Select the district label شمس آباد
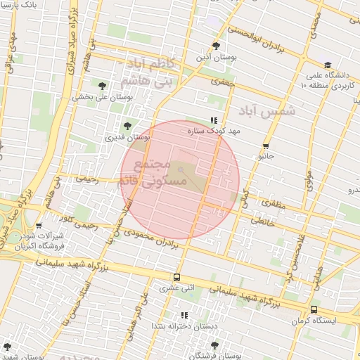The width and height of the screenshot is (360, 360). [x=268, y=111]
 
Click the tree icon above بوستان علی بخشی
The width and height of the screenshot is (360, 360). [x=102, y=86]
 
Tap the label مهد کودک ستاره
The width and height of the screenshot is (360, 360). [x=214, y=131]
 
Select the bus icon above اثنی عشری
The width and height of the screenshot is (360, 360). [x=176, y=277]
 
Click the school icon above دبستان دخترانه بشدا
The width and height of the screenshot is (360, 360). [x=184, y=315]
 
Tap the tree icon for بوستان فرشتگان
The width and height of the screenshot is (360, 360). [x=214, y=345]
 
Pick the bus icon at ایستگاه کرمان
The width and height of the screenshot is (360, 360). [x=314, y=309]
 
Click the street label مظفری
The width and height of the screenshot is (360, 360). [x=274, y=204]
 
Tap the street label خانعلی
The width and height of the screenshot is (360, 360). [x=261, y=221]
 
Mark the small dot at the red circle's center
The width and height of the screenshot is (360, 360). [x=180, y=169]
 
